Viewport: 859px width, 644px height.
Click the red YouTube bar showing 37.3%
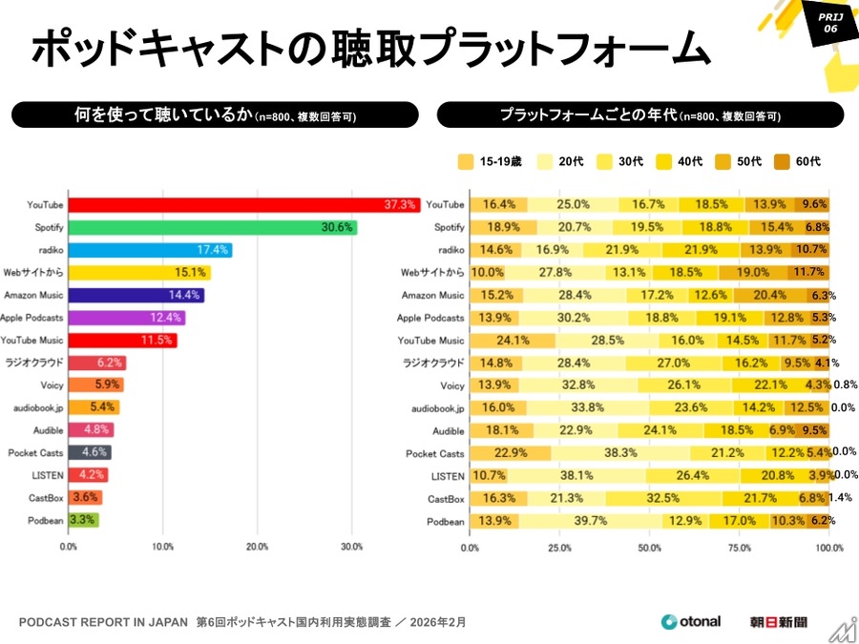coord(243,205)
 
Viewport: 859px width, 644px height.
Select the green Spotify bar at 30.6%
coord(212,228)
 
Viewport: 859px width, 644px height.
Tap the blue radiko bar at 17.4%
coord(150,250)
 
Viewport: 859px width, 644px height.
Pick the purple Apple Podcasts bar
coord(126,318)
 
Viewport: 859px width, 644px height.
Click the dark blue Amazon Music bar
coord(136,295)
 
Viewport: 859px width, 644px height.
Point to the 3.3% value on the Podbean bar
coord(83,521)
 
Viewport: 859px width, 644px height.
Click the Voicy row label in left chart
coord(52,385)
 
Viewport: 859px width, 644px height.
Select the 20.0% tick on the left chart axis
coord(257,548)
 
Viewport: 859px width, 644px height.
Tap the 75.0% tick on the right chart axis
coord(739,549)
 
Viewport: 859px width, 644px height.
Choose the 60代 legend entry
coord(797,161)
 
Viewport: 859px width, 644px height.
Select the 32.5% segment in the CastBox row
coord(664,498)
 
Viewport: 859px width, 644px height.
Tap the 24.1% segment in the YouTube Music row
coord(513,341)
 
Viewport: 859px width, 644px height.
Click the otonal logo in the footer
coord(691,622)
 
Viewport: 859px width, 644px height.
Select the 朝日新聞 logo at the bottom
coord(778,622)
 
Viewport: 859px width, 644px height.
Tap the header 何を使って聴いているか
coord(215,115)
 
